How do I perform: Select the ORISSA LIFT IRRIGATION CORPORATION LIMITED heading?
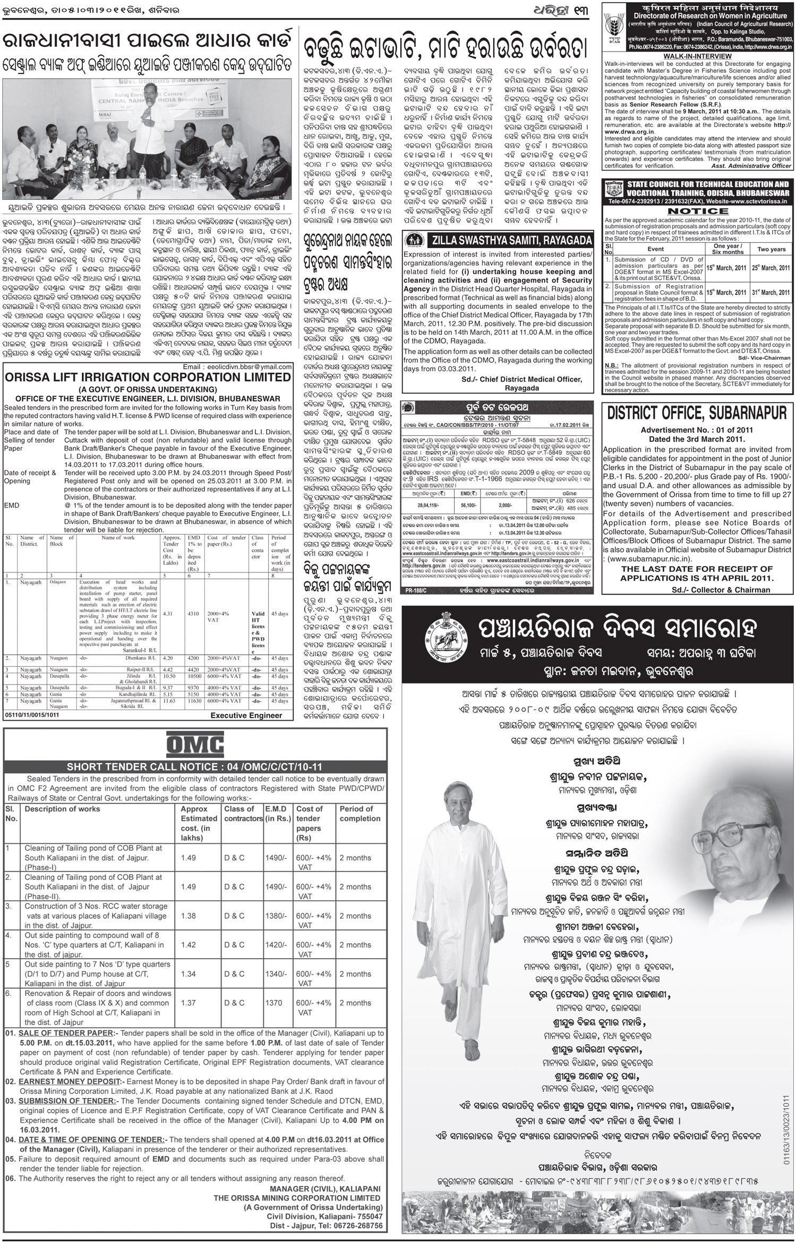145,378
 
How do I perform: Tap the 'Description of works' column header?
63,809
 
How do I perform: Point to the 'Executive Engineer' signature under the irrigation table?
246,715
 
